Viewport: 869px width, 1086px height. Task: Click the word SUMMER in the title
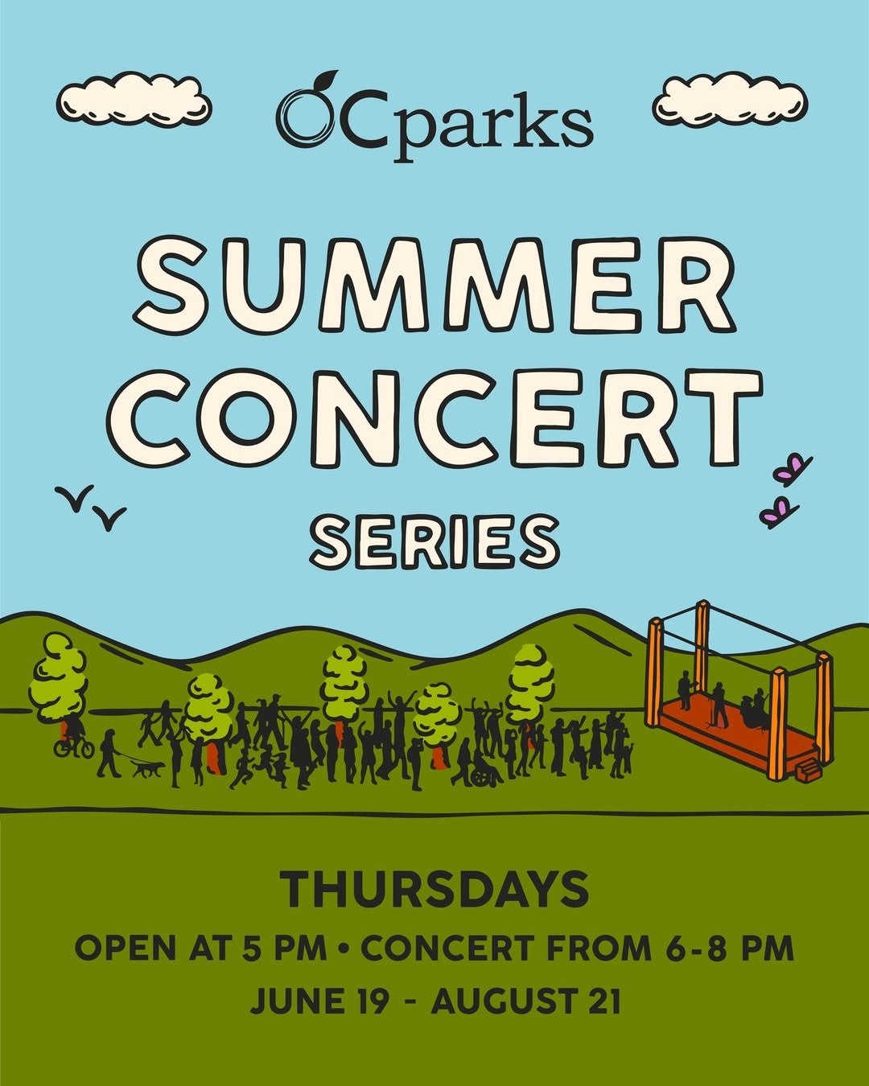tap(434, 286)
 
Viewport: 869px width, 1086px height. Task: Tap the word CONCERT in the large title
tap(434, 417)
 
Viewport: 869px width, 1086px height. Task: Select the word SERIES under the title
tap(434, 541)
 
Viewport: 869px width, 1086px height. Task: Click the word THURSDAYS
tap(434, 890)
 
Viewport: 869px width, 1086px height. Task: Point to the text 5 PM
tap(285, 948)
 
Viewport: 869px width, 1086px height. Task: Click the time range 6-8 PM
tap(729, 948)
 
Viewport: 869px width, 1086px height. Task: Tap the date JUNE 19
tap(319, 1002)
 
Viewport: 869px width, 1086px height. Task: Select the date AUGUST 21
tap(526, 1002)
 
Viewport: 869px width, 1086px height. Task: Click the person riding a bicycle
tap(73, 738)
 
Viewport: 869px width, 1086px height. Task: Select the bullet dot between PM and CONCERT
tap(344, 949)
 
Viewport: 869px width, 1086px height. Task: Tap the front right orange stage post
tap(776, 724)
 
